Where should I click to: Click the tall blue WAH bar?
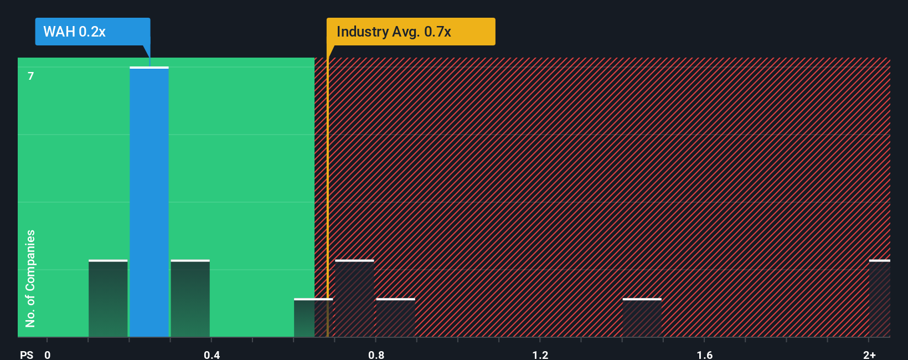tap(149, 202)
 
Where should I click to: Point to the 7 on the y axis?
tap(31, 76)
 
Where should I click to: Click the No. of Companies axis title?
tap(30, 278)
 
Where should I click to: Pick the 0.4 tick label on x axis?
tap(211, 354)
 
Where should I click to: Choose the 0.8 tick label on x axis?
tap(376, 354)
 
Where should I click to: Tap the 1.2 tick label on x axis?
tap(540, 354)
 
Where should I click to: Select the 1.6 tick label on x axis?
tap(704, 354)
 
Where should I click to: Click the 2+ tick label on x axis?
tap(869, 354)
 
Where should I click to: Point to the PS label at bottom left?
tap(27, 354)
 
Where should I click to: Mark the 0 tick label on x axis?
tap(48, 354)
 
